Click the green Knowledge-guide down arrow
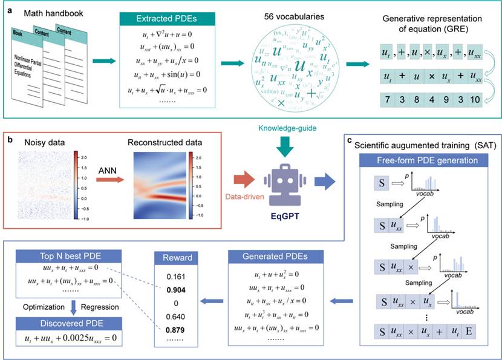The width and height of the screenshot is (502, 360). point(283,146)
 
